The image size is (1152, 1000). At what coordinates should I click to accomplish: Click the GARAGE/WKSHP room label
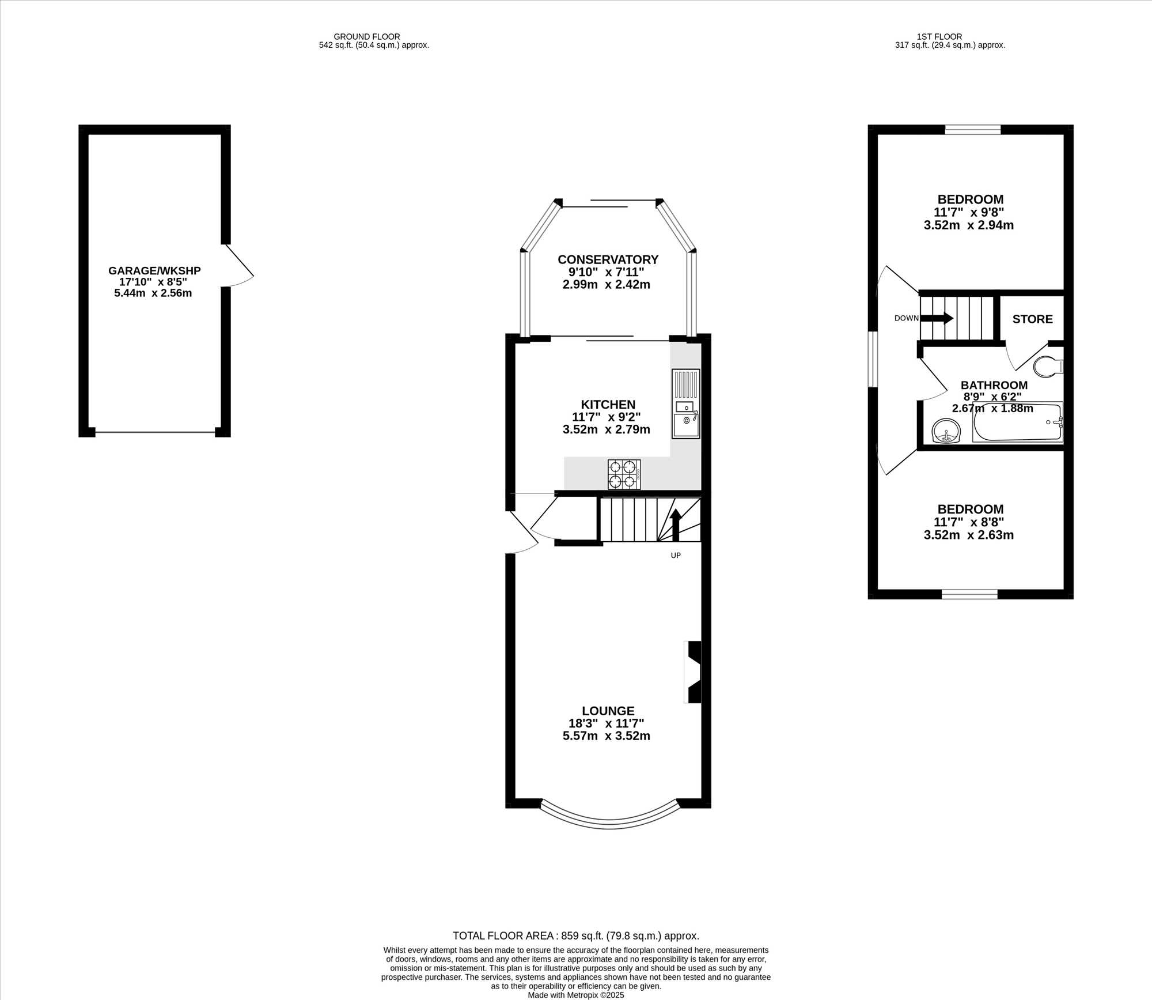[154, 270]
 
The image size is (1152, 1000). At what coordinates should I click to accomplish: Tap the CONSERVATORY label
[608, 259]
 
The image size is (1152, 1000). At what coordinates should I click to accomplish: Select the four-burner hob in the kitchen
[624, 474]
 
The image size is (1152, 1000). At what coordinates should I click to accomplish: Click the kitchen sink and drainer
[686, 403]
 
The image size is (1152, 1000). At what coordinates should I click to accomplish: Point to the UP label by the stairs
[676, 556]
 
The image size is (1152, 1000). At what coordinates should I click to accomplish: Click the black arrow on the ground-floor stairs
[676, 525]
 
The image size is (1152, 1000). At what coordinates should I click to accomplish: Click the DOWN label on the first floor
[906, 318]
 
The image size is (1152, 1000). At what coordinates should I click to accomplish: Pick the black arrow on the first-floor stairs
[937, 318]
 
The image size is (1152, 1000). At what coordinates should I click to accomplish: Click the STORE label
[1032, 319]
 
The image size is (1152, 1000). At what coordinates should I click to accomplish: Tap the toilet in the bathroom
[1048, 367]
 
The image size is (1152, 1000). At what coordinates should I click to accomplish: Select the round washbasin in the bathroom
[946, 431]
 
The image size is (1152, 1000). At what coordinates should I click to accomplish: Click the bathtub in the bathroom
[1018, 422]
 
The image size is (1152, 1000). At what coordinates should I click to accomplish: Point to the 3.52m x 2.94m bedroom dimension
[969, 225]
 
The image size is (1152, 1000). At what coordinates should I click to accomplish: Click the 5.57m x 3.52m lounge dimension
[607, 736]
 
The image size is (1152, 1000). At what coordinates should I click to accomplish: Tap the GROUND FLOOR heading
[367, 36]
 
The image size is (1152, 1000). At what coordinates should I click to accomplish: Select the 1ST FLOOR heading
[939, 36]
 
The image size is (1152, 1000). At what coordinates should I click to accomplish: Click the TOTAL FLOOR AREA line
[576, 936]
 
